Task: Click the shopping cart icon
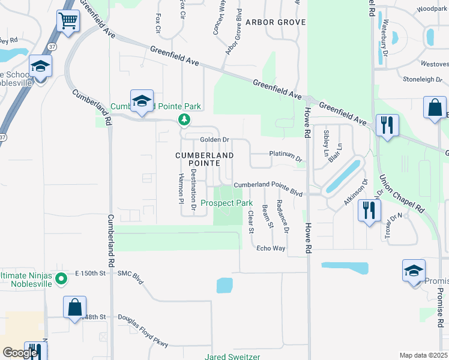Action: pyautogui.click(x=68, y=21)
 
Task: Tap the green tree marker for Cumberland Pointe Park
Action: pyautogui.click(x=184, y=121)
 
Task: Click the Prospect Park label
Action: pyautogui.click(x=226, y=203)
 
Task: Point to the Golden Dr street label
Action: pyautogui.click(x=215, y=140)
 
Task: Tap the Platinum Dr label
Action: pyautogui.click(x=286, y=155)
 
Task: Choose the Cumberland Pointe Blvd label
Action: pyautogui.click(x=268, y=187)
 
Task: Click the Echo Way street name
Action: pyautogui.click(x=271, y=248)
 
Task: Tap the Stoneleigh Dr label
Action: pyautogui.click(x=424, y=79)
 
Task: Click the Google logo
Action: pyautogui.click(x=20, y=353)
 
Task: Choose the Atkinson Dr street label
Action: pyautogui.click(x=355, y=193)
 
